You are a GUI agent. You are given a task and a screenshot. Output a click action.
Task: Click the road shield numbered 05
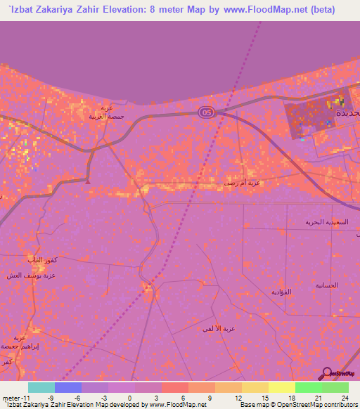point(205,112)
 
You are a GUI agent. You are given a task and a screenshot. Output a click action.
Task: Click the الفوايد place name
point(281,291)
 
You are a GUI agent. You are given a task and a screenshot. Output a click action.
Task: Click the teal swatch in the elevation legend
point(41,387)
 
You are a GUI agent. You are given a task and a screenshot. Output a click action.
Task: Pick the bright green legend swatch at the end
point(335,387)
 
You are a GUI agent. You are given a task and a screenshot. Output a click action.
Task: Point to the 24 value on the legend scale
point(336,398)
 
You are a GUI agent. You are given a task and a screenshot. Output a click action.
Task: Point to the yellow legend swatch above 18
point(282,387)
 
